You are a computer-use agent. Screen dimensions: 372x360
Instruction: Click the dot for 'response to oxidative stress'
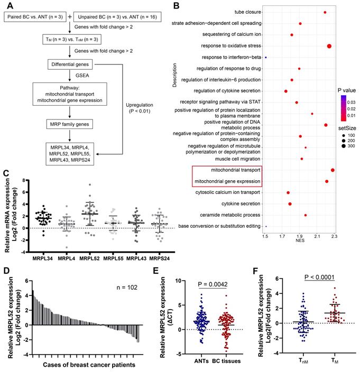tap(329, 46)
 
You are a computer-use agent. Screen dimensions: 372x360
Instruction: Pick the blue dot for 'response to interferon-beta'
tap(266, 58)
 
